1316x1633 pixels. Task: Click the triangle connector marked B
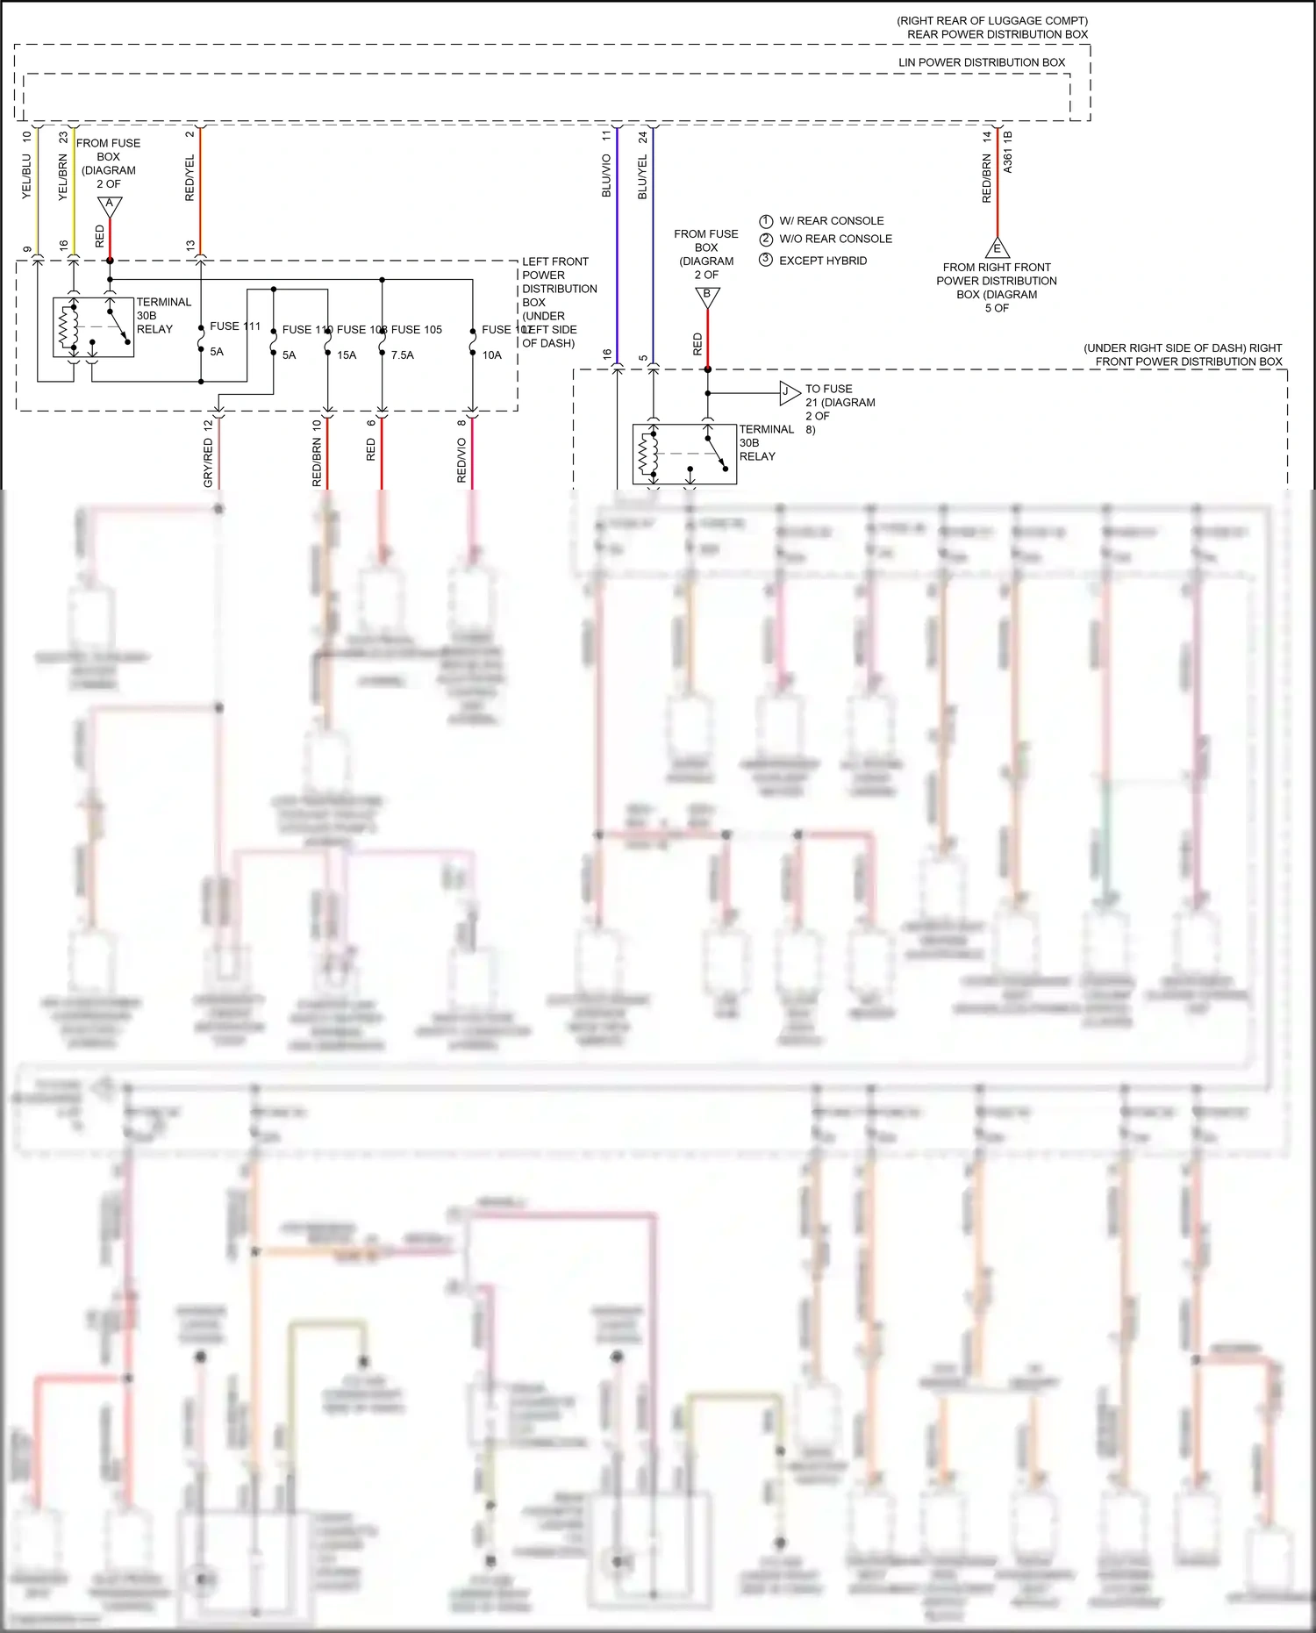click(707, 297)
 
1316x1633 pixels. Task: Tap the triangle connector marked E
click(997, 247)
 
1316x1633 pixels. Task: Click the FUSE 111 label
click(235, 326)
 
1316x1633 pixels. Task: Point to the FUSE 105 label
click(417, 330)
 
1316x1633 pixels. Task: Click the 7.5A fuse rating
click(402, 355)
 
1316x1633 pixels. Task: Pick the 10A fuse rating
click(491, 355)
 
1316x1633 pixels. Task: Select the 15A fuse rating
click(347, 355)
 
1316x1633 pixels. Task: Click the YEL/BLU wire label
click(26, 176)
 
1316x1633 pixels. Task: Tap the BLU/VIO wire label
click(606, 175)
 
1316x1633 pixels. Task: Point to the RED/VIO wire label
click(461, 460)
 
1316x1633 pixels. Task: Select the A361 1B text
click(1007, 152)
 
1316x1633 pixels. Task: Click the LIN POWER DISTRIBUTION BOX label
click(981, 62)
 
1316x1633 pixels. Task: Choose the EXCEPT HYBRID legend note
click(822, 261)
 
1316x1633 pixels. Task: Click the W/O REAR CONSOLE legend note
click(835, 239)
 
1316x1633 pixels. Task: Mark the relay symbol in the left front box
click(93, 327)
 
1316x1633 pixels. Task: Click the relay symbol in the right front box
click(684, 455)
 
